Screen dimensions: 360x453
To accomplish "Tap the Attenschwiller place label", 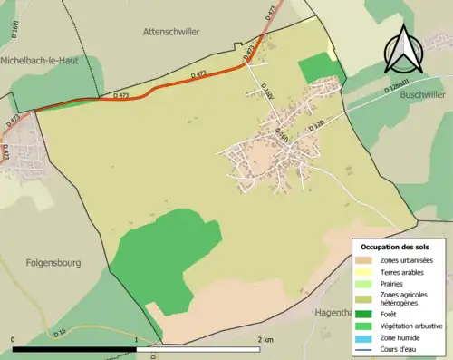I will pyautogui.click(x=171, y=31).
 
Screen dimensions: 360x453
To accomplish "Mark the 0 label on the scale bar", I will pyautogui.click(x=14, y=339).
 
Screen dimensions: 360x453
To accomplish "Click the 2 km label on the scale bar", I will pyautogui.click(x=265, y=339).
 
